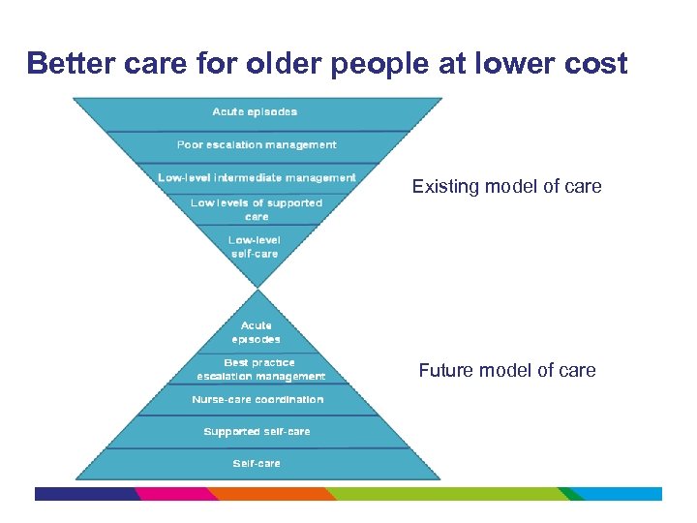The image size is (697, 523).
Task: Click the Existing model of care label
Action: (506, 186)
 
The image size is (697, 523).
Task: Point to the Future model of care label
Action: (506, 370)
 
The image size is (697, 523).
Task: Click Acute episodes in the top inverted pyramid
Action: (256, 112)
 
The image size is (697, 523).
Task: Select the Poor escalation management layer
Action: (257, 145)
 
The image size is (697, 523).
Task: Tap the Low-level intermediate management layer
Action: (257, 177)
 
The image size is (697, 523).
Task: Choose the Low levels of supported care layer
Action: (257, 209)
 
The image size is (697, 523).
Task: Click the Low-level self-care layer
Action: (255, 247)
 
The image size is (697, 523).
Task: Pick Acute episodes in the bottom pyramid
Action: (257, 332)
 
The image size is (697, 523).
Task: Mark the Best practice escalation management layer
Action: (260, 370)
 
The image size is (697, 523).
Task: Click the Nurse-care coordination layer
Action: (258, 400)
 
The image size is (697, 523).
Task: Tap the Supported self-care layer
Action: (257, 432)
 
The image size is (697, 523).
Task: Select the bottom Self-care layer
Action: (257, 464)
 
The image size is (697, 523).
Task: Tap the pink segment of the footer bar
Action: (174, 494)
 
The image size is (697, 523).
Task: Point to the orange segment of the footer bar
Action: (271, 494)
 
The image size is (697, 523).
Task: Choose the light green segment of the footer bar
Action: (445, 494)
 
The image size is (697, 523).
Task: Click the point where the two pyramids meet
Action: (258, 288)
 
